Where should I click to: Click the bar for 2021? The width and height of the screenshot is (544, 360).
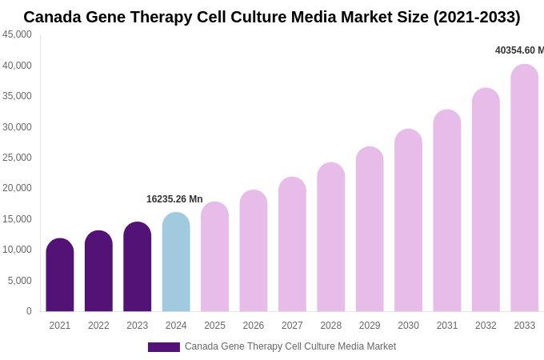click(x=60, y=275)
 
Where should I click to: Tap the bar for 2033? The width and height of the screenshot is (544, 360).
click(x=525, y=188)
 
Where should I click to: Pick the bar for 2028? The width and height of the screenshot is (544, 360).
click(x=331, y=238)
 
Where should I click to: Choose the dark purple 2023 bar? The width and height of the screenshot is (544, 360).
click(x=138, y=267)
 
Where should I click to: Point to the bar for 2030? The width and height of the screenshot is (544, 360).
click(x=408, y=221)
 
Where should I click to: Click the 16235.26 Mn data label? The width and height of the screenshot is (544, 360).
click(x=174, y=199)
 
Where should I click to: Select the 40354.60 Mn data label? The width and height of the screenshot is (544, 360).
click(x=519, y=50)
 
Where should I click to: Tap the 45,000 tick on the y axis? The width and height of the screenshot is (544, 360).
click(x=18, y=34)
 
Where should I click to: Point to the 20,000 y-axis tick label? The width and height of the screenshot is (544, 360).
click(x=18, y=188)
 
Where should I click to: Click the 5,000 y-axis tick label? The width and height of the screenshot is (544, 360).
click(x=20, y=281)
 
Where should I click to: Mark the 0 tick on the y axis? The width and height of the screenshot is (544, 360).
click(x=29, y=311)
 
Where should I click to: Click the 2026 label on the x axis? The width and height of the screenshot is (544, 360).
click(x=254, y=326)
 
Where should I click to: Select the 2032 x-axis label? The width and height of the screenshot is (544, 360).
click(x=486, y=326)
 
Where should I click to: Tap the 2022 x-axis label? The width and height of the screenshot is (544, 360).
click(x=98, y=326)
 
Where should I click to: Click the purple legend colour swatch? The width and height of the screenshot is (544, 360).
click(x=164, y=347)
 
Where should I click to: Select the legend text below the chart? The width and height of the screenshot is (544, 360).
click(x=290, y=346)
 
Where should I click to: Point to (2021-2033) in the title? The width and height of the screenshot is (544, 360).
click(x=477, y=17)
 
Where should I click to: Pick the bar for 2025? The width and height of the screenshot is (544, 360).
click(x=214, y=257)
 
